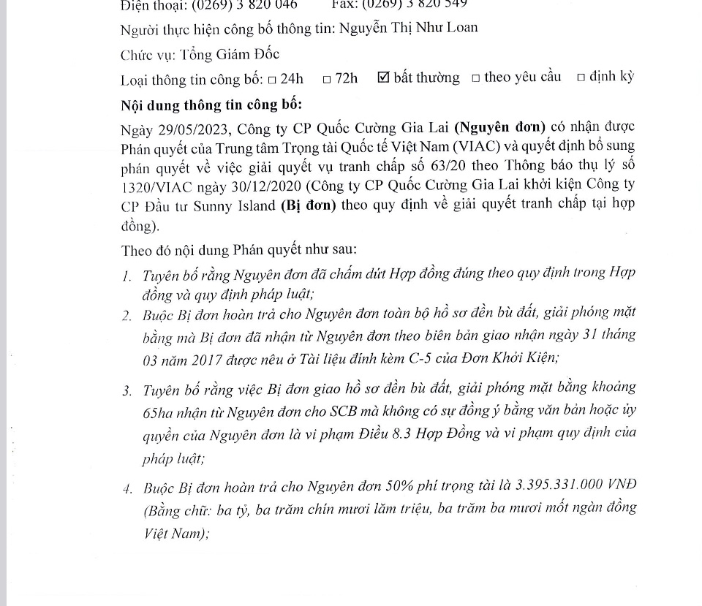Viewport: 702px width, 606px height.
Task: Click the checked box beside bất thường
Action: (x=383, y=77)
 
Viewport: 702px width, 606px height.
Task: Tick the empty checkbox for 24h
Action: (x=272, y=79)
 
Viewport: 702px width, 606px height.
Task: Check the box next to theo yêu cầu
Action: (x=475, y=78)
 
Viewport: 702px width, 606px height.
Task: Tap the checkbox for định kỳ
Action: (x=581, y=78)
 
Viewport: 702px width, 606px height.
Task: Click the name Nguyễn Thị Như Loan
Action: (x=409, y=29)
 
